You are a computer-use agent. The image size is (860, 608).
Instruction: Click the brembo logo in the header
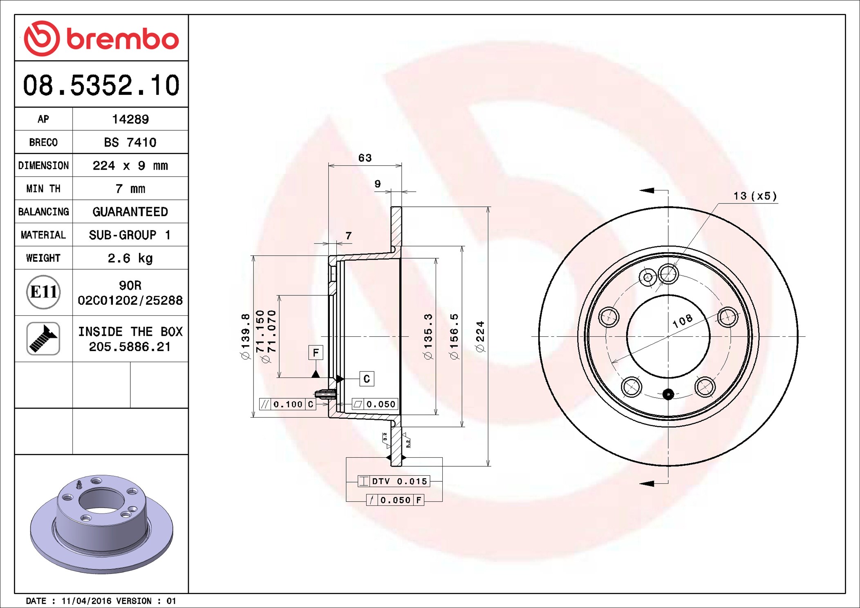tap(101, 38)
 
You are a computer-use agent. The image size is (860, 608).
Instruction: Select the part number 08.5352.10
tap(101, 85)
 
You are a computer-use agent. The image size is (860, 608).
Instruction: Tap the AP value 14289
tap(130, 119)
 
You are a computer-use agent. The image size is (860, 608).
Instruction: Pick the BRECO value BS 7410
tap(130, 142)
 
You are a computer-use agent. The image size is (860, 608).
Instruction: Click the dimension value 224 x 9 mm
tap(130, 165)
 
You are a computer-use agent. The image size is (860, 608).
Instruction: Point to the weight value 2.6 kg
tap(130, 258)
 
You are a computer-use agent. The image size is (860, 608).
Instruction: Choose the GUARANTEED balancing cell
tap(130, 212)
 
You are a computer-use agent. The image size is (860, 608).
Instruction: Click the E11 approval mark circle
tap(43, 292)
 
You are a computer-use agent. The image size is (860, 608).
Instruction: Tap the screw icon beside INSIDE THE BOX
tap(43, 338)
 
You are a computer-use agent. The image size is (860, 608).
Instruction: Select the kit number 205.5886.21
tap(130, 347)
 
